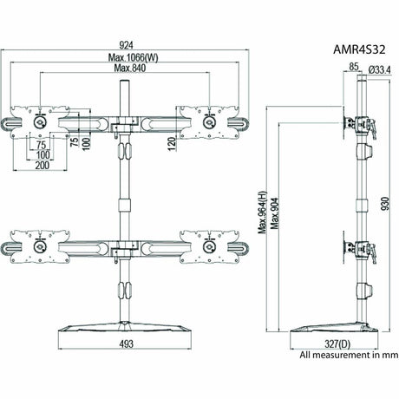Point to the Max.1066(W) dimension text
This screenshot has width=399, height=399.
127,57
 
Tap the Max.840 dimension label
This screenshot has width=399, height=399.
127,69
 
